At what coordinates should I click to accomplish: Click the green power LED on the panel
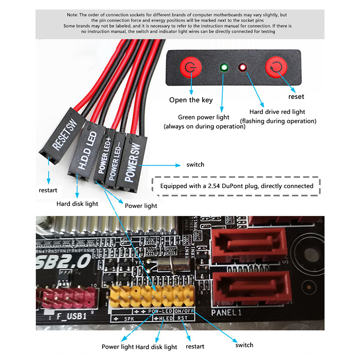coord(224,68)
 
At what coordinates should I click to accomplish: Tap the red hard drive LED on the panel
coord(243,68)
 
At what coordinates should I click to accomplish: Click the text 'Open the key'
coord(190,100)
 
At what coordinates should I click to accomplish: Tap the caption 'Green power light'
coord(204,117)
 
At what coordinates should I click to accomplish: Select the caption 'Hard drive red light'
coord(277,112)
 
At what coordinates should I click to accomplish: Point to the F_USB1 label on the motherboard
coord(72,316)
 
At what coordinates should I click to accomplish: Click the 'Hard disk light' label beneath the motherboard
coord(156,347)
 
